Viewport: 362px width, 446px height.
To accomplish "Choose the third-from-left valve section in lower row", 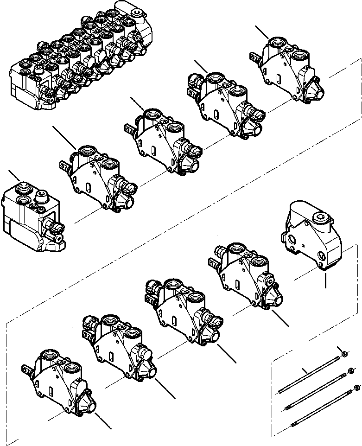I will pyautogui.click(x=183, y=311).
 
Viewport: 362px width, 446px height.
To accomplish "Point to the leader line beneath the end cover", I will pyautogui.click(x=326, y=280).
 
